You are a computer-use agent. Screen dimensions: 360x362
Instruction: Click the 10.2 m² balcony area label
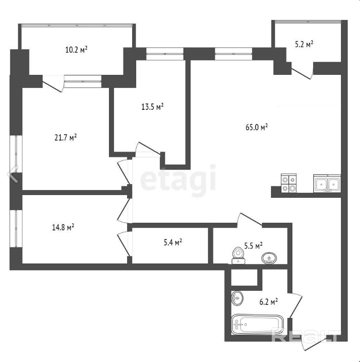click(x=76, y=49)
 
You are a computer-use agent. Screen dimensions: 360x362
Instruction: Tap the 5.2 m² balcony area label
click(x=304, y=44)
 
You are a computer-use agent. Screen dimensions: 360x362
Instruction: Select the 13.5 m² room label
click(x=152, y=107)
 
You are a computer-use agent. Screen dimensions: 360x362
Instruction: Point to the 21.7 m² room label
click(x=66, y=137)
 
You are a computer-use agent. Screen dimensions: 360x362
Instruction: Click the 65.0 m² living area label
click(x=256, y=127)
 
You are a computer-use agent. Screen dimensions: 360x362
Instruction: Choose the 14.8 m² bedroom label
click(x=63, y=227)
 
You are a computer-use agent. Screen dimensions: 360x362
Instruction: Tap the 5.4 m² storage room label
click(x=173, y=242)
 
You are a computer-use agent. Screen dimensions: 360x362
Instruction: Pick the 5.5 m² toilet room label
click(x=253, y=246)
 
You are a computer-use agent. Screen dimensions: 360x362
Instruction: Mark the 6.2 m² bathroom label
click(x=268, y=302)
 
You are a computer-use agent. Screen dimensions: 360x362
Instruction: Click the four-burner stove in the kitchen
click(x=289, y=183)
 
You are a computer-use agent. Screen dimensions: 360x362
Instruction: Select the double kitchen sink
click(x=327, y=183)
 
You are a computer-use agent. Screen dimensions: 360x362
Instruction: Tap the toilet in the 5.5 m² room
click(x=238, y=255)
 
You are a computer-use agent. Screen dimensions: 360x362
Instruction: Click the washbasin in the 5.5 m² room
click(x=269, y=258)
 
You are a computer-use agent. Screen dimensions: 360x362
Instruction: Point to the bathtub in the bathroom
click(x=257, y=324)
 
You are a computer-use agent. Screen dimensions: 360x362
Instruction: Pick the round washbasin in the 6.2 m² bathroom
click(x=237, y=298)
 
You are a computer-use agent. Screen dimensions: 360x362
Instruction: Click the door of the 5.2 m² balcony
click(x=302, y=73)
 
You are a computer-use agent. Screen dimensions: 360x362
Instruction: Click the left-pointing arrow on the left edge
click(x=13, y=174)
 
